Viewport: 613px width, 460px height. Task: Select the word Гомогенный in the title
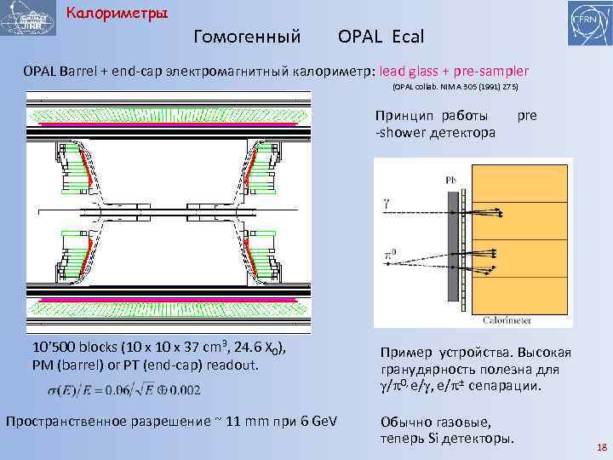click(x=247, y=37)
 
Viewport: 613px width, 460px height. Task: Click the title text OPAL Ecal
click(x=381, y=37)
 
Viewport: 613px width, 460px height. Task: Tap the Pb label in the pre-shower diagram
click(x=450, y=179)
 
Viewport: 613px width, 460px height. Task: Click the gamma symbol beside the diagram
click(x=387, y=203)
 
